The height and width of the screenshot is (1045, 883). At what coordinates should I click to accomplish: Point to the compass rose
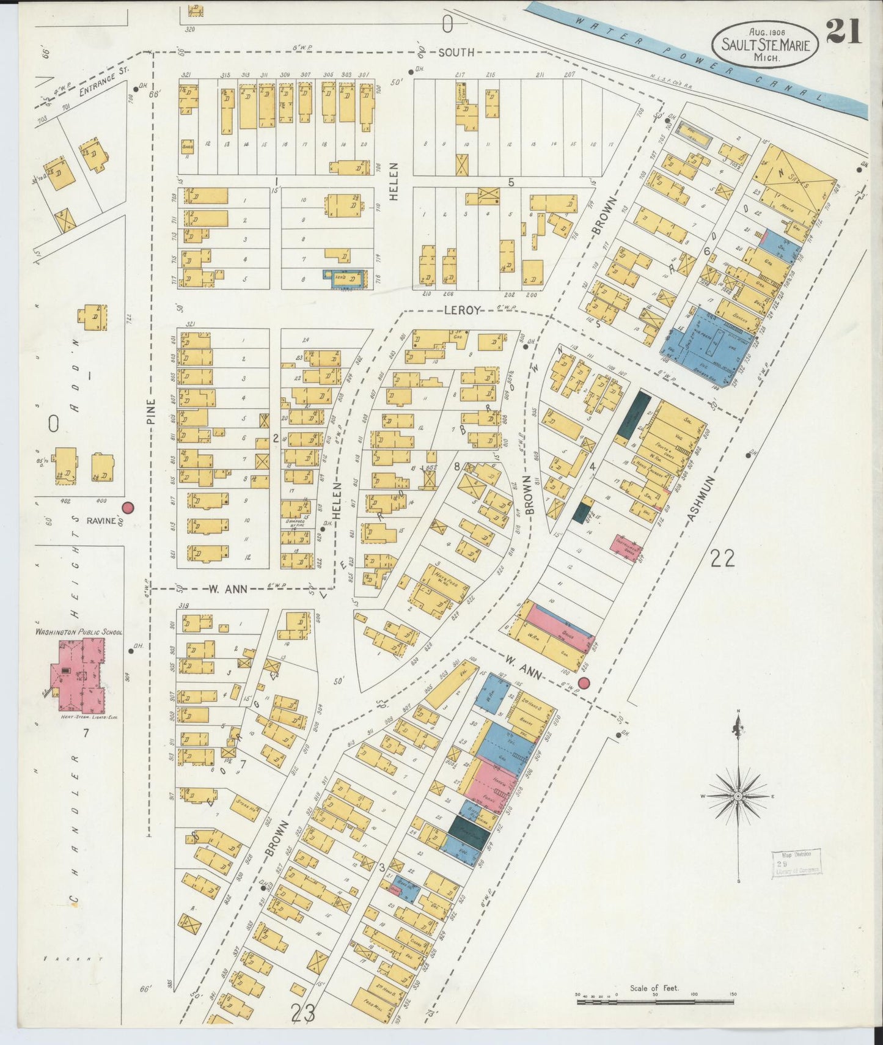click(739, 796)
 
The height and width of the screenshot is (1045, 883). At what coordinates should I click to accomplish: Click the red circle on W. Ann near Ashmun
click(584, 683)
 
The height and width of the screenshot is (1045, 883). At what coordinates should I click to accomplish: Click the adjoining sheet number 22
click(722, 557)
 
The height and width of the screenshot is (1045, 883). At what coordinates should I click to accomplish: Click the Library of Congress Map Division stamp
click(796, 864)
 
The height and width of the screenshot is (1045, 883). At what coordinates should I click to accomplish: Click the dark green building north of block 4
click(633, 413)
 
